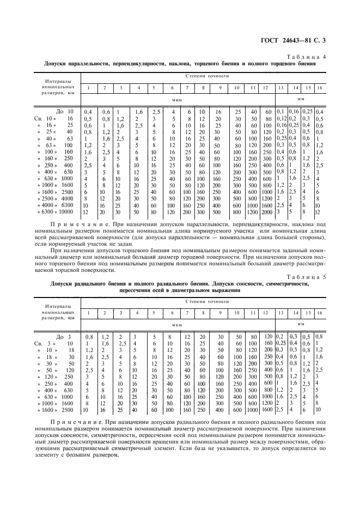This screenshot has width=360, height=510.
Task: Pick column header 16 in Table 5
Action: (320, 312)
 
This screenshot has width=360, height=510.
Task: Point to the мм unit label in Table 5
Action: (301, 324)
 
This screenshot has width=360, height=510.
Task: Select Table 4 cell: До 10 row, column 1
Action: (88, 111)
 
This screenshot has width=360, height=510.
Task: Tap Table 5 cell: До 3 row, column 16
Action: (318, 337)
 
